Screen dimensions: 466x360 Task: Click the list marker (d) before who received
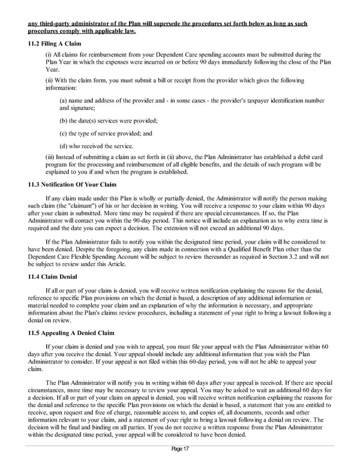63,145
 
